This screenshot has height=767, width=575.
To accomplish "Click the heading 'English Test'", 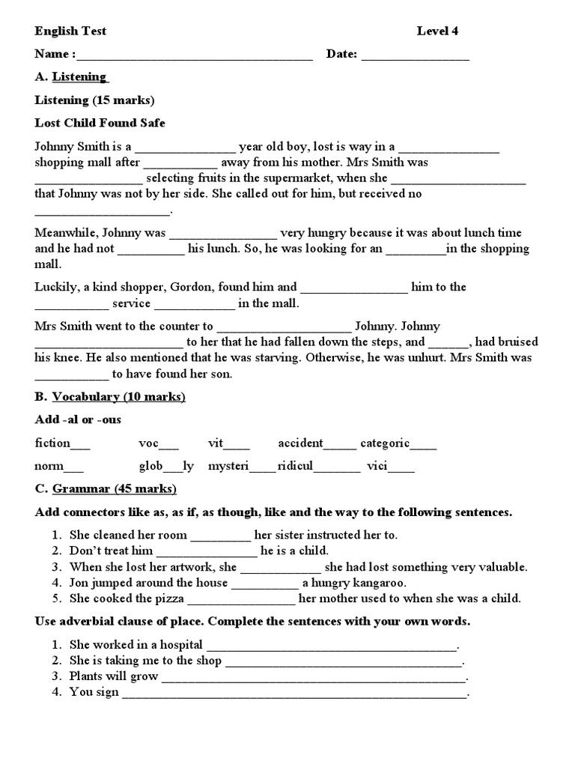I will [x=70, y=31].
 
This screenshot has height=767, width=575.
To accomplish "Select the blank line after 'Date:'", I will [x=416, y=55].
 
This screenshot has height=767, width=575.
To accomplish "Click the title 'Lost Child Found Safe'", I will [x=100, y=123].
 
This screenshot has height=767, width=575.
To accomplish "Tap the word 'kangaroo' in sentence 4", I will [x=359, y=582].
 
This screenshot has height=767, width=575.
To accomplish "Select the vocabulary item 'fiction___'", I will [x=62, y=443].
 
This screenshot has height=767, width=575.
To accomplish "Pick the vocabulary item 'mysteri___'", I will [x=241, y=466].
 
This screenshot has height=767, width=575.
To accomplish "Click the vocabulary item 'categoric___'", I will [x=398, y=443].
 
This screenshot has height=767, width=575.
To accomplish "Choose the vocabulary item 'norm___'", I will [x=59, y=466].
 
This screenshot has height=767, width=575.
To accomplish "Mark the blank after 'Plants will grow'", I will [x=314, y=678].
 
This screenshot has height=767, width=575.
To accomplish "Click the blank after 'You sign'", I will [x=294, y=694].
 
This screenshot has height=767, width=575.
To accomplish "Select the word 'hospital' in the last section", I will [x=180, y=644].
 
